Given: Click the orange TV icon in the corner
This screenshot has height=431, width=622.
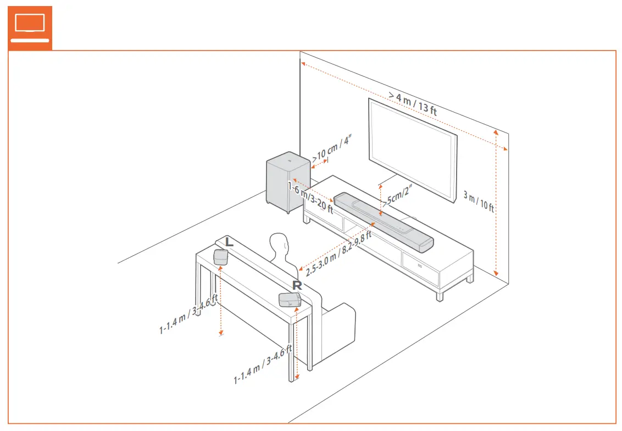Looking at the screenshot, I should tap(30, 28).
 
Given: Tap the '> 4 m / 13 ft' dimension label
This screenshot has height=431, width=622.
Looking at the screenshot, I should tap(413, 103).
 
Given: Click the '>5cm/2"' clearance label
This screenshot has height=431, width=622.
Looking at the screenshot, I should tap(398, 197).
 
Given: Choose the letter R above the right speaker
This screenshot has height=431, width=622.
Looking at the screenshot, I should tap(297, 285).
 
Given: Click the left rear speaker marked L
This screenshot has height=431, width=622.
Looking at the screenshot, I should tap(221, 256).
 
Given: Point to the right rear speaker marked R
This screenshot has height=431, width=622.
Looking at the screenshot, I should tap(290, 300).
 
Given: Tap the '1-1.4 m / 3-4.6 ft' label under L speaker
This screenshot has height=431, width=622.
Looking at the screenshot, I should tap(189, 314).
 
